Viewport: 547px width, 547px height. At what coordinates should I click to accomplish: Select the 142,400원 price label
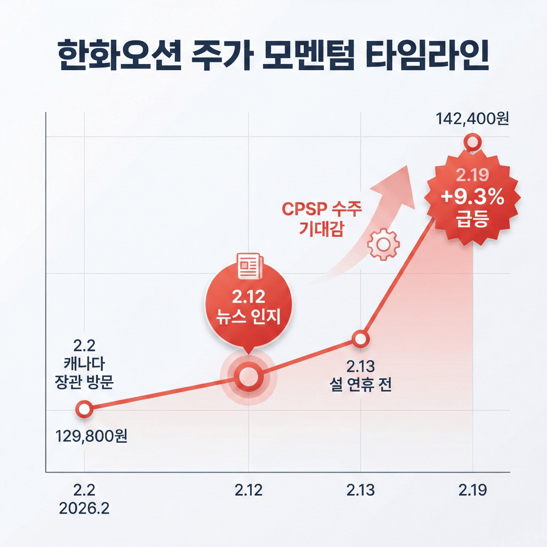(x=472, y=118)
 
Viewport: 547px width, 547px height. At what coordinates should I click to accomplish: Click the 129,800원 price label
(x=91, y=436)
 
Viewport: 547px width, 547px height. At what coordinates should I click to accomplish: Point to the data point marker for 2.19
(x=473, y=142)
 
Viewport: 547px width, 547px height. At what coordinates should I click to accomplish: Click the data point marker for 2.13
(x=361, y=339)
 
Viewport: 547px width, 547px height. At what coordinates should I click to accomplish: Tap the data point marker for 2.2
(x=84, y=409)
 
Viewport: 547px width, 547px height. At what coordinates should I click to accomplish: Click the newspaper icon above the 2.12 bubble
(x=250, y=266)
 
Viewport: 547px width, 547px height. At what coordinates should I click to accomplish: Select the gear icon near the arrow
(x=383, y=244)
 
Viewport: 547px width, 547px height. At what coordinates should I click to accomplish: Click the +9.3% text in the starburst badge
(x=473, y=197)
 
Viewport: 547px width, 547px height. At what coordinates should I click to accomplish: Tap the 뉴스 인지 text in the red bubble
(x=248, y=317)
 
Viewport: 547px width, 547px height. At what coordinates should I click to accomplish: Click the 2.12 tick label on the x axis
(x=248, y=490)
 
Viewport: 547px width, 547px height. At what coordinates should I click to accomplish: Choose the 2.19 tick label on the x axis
(x=473, y=490)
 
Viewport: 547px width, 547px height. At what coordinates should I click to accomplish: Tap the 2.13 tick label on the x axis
(x=361, y=490)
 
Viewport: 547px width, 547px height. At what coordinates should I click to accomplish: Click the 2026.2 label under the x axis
(x=84, y=509)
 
